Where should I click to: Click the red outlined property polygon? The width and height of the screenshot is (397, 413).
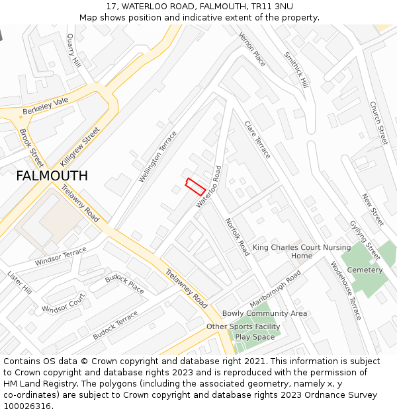click(195, 186)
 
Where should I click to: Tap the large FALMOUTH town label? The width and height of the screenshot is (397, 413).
click(52, 176)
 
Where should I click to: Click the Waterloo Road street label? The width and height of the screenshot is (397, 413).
click(208, 187)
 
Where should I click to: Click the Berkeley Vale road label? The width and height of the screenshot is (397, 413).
click(46, 106)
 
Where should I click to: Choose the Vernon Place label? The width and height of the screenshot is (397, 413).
click(252, 49)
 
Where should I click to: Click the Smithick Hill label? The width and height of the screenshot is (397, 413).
click(296, 70)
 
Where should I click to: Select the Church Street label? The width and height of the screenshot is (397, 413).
click(378, 123)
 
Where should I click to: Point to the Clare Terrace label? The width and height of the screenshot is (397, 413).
click(257, 139)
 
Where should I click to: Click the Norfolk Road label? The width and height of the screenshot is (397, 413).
click(237, 237)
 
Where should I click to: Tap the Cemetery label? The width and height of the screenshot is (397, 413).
click(365, 270)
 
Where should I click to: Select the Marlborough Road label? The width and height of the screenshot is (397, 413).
click(275, 283)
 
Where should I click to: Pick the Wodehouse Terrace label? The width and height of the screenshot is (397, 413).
click(345, 291)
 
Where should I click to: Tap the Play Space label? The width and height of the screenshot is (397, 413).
click(254, 337)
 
